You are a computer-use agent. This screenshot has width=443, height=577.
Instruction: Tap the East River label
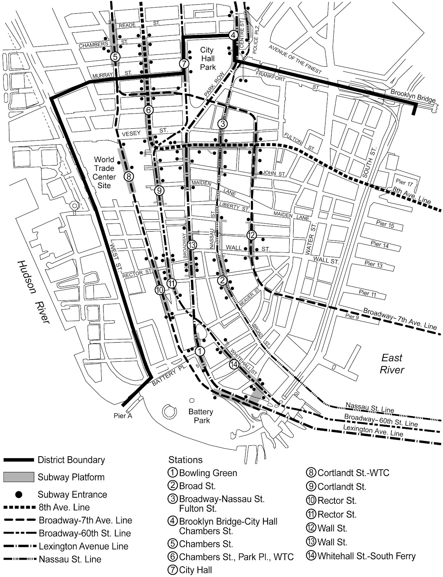(392, 364)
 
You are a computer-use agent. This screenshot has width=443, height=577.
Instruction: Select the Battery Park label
(201, 416)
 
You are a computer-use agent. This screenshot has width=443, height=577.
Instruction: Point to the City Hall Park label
(207, 58)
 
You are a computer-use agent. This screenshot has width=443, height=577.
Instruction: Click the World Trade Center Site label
(104, 172)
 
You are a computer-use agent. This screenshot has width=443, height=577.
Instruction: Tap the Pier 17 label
(404, 183)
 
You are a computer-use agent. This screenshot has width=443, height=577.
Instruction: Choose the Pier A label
(123, 416)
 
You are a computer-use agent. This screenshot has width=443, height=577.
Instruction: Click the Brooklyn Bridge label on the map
(413, 97)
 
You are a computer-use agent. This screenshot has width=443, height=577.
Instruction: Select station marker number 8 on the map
(129, 177)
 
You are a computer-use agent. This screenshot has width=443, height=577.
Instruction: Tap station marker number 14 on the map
(234, 365)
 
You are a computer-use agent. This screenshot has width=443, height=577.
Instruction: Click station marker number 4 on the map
(233, 35)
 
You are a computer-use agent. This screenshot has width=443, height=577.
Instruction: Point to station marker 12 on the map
(251, 235)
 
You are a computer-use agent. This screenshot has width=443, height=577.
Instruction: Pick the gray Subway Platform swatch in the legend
(19, 477)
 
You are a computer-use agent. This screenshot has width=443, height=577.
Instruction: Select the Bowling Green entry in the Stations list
(208, 473)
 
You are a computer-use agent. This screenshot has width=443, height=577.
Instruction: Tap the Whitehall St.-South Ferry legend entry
(366, 556)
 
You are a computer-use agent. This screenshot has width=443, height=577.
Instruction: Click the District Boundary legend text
(71, 460)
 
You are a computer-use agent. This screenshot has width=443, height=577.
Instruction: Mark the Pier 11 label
(368, 294)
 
